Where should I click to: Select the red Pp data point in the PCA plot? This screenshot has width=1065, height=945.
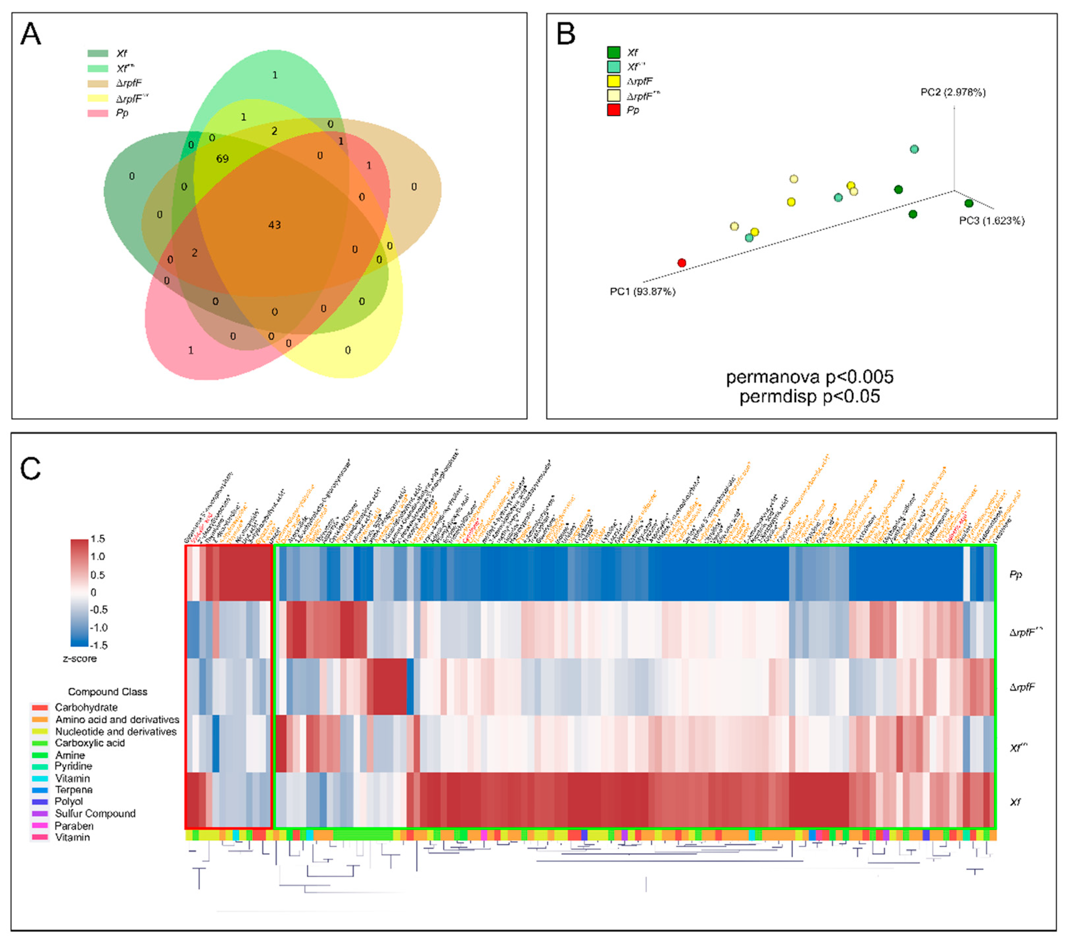click(681, 263)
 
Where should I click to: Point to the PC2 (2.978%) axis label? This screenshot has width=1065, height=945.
click(953, 92)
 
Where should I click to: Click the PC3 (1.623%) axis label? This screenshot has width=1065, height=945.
click(991, 220)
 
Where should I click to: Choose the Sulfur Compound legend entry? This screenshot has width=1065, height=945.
click(95, 813)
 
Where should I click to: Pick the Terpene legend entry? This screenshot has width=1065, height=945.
click(74, 790)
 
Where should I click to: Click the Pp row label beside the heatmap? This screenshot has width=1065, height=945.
click(1015, 575)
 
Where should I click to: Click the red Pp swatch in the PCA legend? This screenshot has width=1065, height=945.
click(613, 110)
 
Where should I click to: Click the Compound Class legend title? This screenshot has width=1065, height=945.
click(107, 692)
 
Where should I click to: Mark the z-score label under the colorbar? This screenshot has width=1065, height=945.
click(80, 658)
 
